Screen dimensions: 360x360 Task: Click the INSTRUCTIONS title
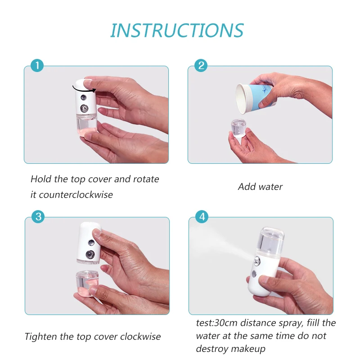click(177, 30)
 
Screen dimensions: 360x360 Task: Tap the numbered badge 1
click(37, 65)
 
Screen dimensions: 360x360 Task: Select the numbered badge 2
click(201, 65)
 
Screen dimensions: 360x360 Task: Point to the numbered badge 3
click(38, 216)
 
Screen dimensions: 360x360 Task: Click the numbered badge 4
click(202, 216)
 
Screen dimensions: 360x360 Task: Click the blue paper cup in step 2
click(255, 98)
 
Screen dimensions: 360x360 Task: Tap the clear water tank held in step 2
click(238, 128)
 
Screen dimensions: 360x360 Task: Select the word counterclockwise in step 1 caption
click(76, 195)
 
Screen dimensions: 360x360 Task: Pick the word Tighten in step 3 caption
click(40, 337)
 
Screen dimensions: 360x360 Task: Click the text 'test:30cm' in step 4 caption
click(216, 323)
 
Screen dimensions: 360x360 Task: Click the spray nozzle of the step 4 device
click(257, 261)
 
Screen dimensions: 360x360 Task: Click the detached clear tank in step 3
click(87, 283)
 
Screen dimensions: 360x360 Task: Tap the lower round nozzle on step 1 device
click(84, 108)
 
